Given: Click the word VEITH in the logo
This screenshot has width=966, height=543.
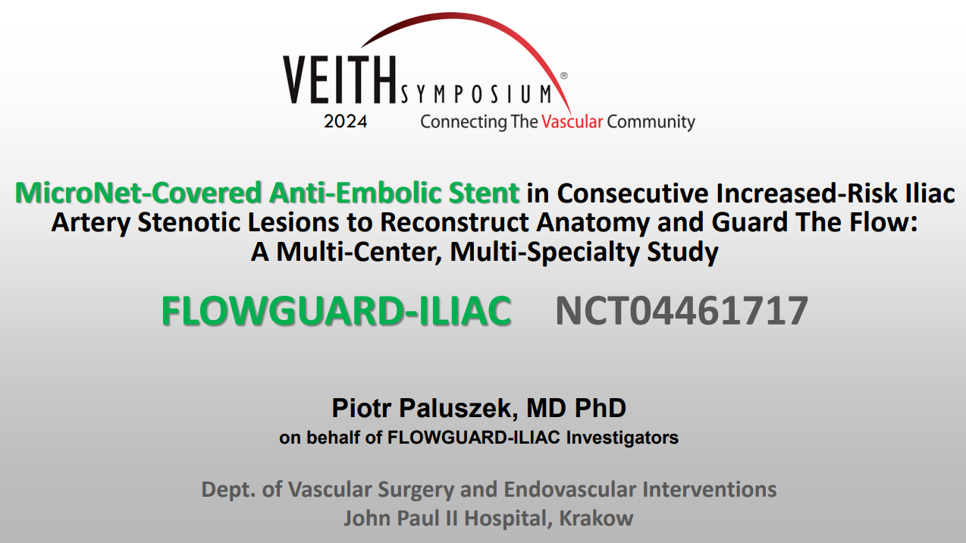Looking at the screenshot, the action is pos(340,80).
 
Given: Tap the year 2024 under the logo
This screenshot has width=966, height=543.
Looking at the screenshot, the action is pos(346,121).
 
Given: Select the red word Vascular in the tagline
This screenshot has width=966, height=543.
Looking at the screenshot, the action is pos(572,121).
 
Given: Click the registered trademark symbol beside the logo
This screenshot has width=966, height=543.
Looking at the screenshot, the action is pos(563,76).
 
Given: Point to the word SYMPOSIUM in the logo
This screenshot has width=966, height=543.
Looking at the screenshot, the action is pos(476,94).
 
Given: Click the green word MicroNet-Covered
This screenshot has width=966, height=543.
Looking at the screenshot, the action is pos(138,193).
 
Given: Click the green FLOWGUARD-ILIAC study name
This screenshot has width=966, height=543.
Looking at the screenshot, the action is pos(337,310).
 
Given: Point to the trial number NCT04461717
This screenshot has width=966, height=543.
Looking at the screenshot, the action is pos(682,310).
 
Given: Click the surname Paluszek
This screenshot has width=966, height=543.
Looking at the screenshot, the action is pos(459,407).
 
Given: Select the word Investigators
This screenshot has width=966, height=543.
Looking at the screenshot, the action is pos(623,438).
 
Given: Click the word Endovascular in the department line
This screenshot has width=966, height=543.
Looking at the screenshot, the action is pos(569,489).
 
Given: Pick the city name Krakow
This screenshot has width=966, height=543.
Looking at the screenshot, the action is pos(596,518).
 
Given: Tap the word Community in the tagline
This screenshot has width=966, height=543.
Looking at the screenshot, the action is pos(651,122).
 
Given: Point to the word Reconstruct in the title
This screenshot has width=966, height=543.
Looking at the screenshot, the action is pos(454,222).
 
